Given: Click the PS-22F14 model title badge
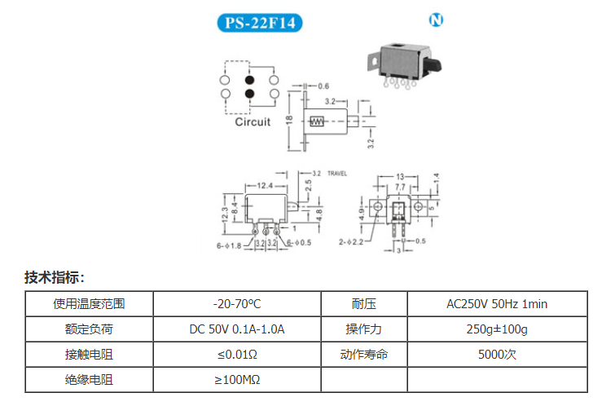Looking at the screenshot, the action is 260,23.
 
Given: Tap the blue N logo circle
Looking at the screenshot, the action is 436,20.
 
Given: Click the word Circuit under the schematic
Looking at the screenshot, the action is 253,121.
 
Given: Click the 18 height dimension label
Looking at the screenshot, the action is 289,120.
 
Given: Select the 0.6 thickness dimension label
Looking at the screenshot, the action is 323,86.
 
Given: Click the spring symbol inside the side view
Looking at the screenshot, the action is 317,121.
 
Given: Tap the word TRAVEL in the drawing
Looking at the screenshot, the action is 337,174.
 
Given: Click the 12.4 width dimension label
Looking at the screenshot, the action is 265,185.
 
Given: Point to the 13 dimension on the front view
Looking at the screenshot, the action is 400,177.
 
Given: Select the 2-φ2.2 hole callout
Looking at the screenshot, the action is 351,242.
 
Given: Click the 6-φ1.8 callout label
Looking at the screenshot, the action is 229,245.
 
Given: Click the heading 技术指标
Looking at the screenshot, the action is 54,277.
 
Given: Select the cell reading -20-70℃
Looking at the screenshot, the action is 237,304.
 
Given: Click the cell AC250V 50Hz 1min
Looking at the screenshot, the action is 497,304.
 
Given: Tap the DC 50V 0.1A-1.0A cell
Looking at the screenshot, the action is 237,329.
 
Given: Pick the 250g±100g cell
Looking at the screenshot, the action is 497,329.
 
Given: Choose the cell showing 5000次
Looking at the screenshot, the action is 497,355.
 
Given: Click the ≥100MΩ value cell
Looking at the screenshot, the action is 237,380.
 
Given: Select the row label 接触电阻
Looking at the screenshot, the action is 89,355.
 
